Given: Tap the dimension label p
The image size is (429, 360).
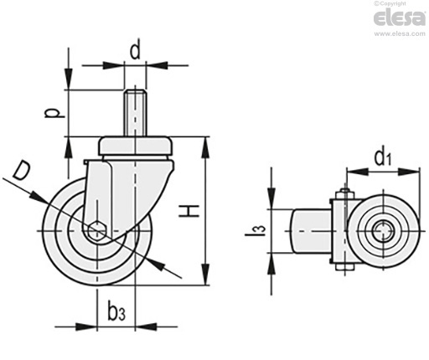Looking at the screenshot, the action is coord(52,113).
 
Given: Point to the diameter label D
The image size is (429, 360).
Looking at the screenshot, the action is coord(22,171).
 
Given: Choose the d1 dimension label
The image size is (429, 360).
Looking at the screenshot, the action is coord(383,157).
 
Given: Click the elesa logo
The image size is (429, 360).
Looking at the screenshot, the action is coord(400,18).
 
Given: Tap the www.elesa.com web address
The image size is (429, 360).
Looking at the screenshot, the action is coord(400,33).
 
